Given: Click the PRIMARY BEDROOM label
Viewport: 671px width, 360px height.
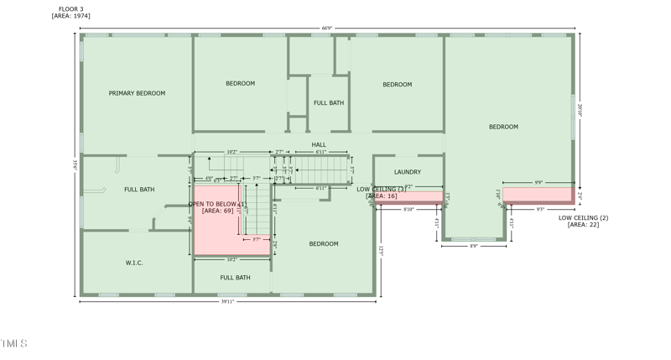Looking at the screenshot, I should [137, 93].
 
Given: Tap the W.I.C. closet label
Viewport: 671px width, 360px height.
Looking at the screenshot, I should [134, 263].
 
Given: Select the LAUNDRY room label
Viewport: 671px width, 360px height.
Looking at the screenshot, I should [408, 172].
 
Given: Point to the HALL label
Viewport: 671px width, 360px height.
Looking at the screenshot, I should [319, 144].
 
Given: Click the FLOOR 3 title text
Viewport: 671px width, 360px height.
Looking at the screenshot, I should [70, 9].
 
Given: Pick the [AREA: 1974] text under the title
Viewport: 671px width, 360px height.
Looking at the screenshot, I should [70, 16].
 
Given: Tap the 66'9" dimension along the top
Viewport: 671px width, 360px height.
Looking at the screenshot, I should [326, 29].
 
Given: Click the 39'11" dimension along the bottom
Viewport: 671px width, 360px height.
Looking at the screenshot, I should [227, 301].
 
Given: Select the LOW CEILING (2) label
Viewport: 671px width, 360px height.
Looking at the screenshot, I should [583, 217].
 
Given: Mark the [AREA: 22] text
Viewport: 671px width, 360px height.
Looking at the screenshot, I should [583, 224].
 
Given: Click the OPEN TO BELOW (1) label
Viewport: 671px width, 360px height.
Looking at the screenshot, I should [217, 204].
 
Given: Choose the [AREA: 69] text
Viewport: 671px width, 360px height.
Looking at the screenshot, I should [217, 211].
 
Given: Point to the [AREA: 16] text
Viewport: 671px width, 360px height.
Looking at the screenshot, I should [382, 196].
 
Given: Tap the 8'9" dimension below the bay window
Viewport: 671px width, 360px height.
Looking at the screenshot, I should [473, 246].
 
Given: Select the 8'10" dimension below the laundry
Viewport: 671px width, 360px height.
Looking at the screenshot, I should [408, 209].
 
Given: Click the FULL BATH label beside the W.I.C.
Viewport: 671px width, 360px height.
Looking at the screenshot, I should [235, 277].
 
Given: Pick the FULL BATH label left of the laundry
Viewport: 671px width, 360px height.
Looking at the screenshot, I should [329, 102].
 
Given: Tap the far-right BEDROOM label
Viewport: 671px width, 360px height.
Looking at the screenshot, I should [503, 127].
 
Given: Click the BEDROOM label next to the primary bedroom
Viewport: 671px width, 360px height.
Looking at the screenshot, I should [240, 83].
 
